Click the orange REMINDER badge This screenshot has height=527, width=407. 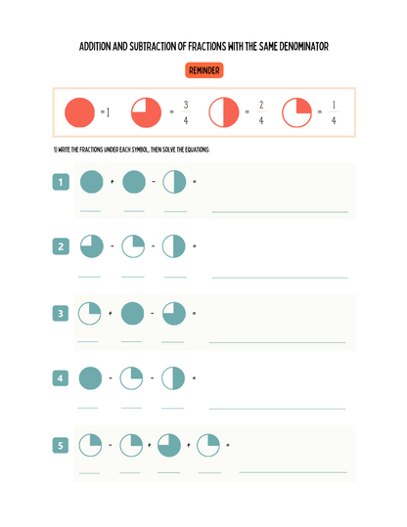point(203,70)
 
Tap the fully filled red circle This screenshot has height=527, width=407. point(79,112)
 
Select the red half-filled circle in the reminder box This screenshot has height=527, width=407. point(224,112)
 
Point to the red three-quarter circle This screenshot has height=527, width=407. point(146,112)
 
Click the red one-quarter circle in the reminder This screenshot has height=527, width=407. point(296,112)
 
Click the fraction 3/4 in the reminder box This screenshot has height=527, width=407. point(186,112)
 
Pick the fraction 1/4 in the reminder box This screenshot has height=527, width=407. point(334,112)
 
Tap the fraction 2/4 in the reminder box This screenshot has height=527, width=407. point(261,112)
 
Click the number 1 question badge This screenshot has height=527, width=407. point(61,182)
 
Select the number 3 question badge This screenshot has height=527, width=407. point(61,313)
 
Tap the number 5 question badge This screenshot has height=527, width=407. point(61,445)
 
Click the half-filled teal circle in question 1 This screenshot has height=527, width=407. point(174,182)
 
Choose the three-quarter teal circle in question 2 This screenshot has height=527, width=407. point(92,246)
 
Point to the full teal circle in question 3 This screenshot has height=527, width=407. point(132,313)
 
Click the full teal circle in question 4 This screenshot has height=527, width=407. point(90,378)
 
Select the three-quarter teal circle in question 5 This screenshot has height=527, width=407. point(169,445)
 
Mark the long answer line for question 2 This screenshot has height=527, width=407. point(280,278)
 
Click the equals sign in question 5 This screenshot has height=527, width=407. point(228,445)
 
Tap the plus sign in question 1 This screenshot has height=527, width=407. point(112,182)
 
